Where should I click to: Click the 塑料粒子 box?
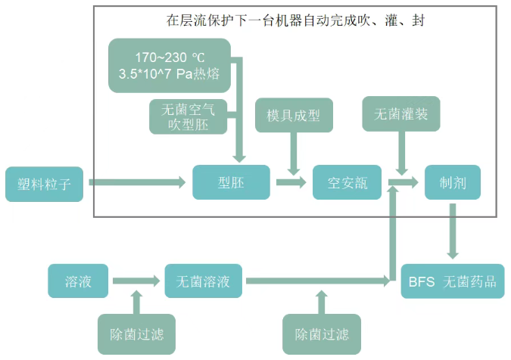[x=45, y=183]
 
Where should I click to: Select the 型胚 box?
[x=232, y=182]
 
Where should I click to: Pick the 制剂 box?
[x=452, y=182]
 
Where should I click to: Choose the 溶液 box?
[x=79, y=281]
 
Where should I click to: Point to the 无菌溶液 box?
[x=204, y=281]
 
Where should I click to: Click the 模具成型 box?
[x=294, y=116]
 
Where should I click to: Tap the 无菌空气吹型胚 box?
[x=188, y=117]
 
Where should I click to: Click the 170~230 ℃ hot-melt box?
[x=169, y=66]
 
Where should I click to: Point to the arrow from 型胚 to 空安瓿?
[x=291, y=182]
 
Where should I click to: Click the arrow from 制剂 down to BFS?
[x=453, y=234]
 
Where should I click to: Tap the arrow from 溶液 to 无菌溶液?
[x=137, y=281]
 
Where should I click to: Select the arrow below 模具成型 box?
[x=294, y=154]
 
